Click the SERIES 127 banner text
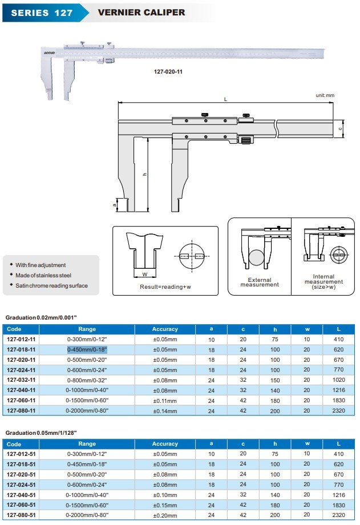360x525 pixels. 42,12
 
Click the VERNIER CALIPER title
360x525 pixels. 141,12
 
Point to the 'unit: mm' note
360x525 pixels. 325,95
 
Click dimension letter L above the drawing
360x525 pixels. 225,99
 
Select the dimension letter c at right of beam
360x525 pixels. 340,129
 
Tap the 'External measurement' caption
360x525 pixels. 260,282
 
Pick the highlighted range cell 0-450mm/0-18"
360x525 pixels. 87,349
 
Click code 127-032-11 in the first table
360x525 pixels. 21,379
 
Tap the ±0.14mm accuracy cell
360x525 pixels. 165,410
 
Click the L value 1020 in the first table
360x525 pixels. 339,379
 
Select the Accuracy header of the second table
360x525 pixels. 165,444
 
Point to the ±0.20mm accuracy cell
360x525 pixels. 165,515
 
